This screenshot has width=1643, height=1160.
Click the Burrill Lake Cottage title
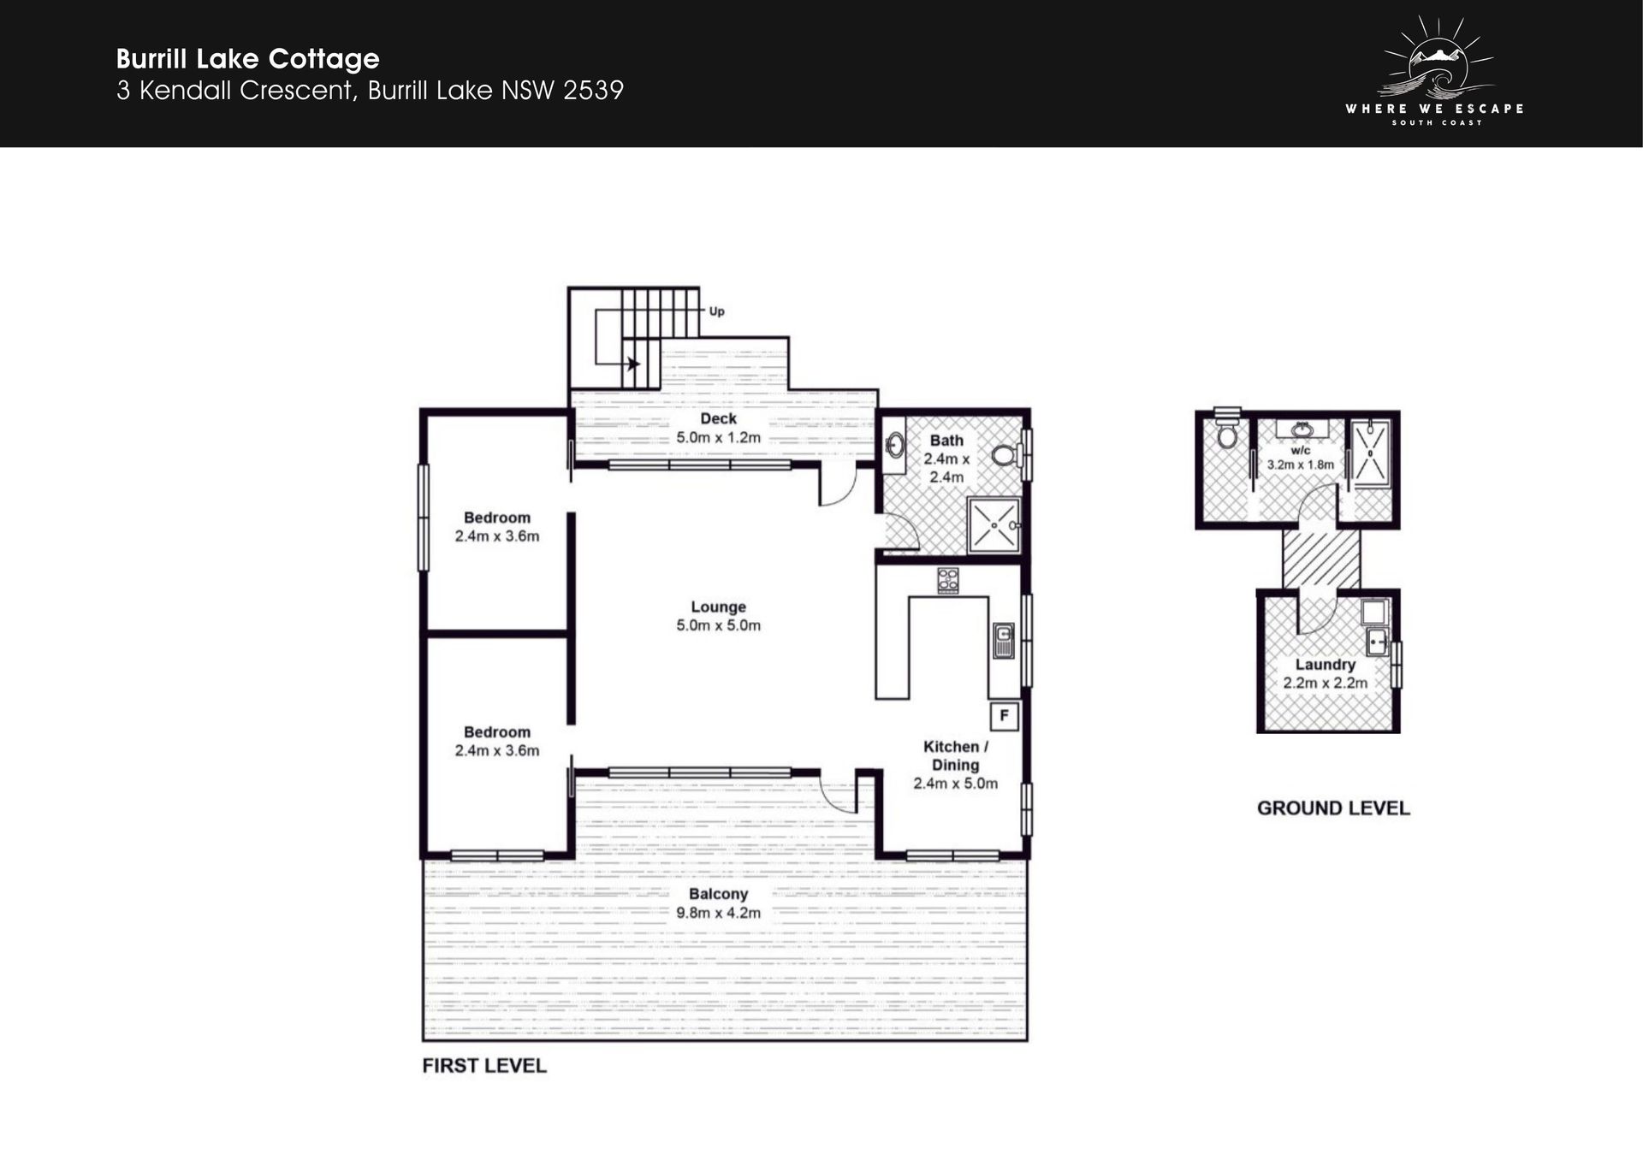pos(247,59)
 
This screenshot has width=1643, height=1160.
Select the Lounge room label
pos(719,607)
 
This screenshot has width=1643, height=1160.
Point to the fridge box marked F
pos(1004,716)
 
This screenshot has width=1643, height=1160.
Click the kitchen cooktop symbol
pos(947,581)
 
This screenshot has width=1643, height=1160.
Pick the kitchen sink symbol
pos(1003,641)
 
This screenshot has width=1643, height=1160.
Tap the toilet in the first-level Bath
pos(1008,454)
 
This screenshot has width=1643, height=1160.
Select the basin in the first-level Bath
pos(894,445)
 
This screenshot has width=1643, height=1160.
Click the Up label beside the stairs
pos(716,311)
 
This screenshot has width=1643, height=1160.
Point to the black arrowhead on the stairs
pos(633,364)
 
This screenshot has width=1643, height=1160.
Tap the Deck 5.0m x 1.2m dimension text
pos(718,437)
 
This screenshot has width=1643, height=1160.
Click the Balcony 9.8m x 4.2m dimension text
pos(718,913)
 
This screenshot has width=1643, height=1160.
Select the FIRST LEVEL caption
pos(484,1066)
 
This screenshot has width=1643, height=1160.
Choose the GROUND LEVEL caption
pos(1333,808)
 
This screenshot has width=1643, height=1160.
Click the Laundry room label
pos(1325,665)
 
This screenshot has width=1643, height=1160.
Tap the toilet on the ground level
pos(1227,431)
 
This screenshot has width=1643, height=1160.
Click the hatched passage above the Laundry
pos(1321,558)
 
